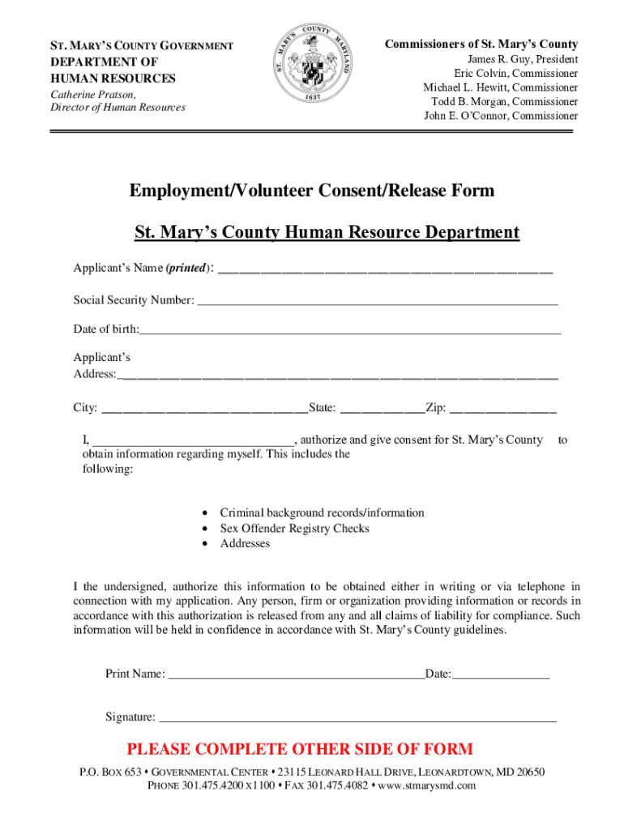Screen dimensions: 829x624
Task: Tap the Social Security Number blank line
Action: point(377,301)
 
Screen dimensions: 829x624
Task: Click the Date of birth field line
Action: point(349,330)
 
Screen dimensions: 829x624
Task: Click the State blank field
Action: point(382,409)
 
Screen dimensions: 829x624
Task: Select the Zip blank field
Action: point(502,409)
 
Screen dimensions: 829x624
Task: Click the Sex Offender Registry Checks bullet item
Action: point(294,529)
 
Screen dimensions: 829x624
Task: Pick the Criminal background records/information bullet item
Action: point(322,513)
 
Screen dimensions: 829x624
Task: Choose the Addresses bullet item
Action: point(245,544)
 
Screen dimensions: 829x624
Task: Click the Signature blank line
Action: point(357,717)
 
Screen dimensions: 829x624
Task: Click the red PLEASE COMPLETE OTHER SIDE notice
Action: point(300,749)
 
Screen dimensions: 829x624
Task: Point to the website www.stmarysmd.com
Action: point(427,786)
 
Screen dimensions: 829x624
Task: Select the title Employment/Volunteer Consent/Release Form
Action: point(312,191)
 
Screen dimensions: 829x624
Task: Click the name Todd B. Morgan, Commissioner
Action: point(505,102)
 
